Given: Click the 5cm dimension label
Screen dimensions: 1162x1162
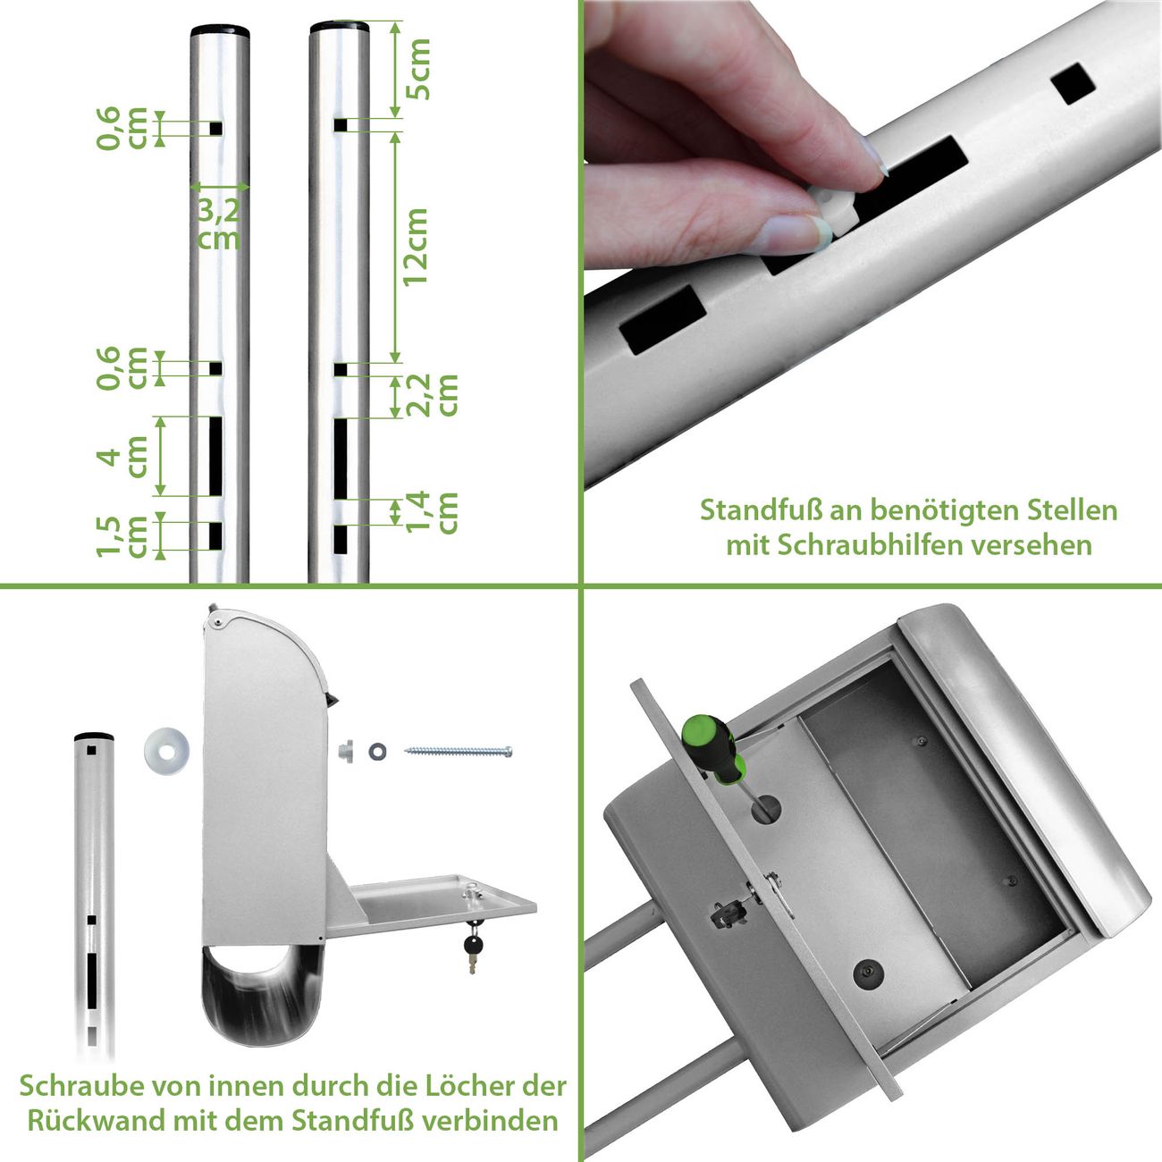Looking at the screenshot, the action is click(418, 69).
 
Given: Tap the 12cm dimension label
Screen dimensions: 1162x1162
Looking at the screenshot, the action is click(416, 248).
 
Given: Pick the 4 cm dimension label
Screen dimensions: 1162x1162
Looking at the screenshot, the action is click(122, 457).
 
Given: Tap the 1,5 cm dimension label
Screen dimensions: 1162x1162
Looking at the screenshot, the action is click(122, 536).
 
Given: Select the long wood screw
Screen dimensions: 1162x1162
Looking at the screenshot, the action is click(459, 752).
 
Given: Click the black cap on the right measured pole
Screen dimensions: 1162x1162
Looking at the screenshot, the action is click(339, 27).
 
